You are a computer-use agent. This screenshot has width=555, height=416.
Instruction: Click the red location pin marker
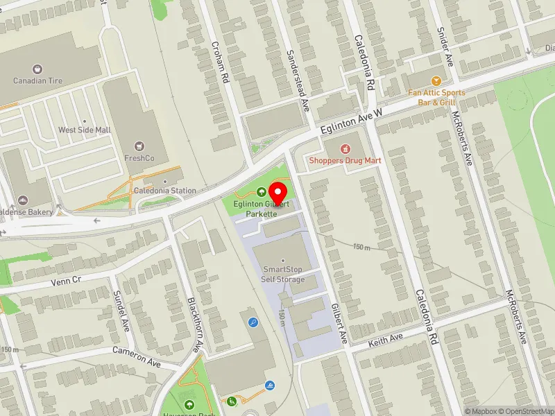pyautogui.click(x=278, y=191)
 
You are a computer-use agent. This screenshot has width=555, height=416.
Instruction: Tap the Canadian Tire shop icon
pyautogui.click(x=37, y=69)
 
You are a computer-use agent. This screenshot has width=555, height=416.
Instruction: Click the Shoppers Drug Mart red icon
pyautogui.click(x=345, y=148)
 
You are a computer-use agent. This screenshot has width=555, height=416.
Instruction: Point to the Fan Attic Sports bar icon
pyautogui.click(x=436, y=81)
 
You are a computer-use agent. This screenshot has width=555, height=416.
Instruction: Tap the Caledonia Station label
pyautogui.click(x=164, y=191)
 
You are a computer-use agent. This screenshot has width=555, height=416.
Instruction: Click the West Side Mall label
pyautogui.click(x=85, y=130)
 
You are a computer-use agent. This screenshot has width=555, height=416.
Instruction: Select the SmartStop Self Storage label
pyautogui.click(x=282, y=275)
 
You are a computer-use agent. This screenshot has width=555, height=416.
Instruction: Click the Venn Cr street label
pyautogui.click(x=66, y=281)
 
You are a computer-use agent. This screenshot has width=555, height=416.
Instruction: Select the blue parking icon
pyautogui.click(x=253, y=322)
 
